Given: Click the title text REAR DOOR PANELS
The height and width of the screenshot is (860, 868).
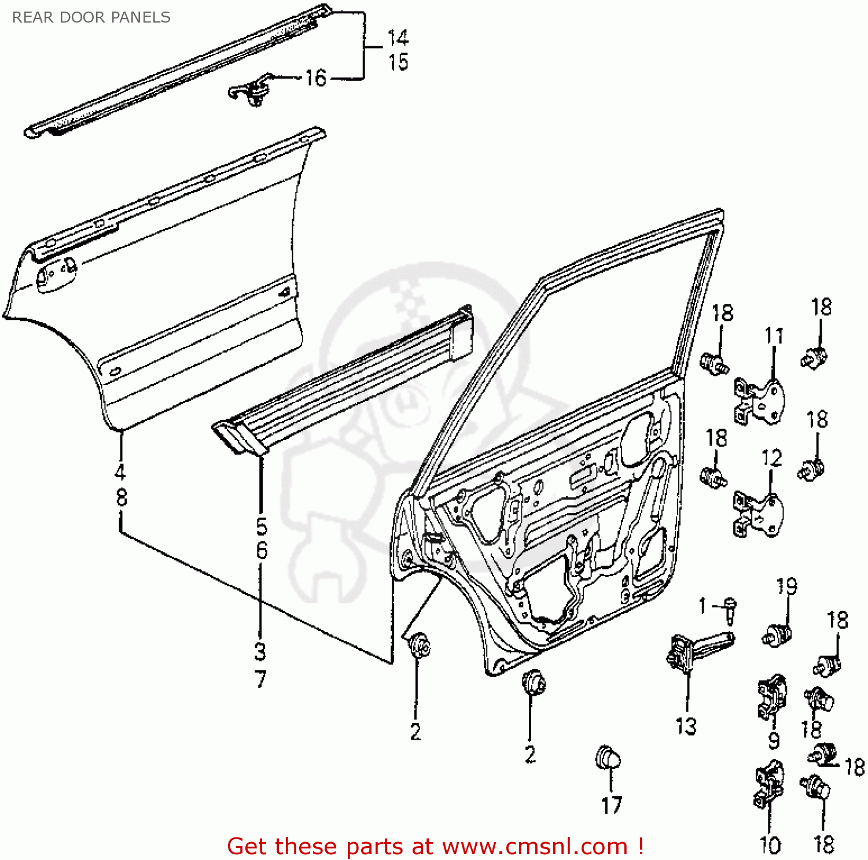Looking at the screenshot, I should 91,17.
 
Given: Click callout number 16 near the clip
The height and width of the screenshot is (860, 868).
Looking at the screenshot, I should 315,78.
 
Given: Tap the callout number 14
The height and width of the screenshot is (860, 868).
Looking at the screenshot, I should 398,38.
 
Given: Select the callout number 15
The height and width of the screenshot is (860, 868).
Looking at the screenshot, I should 398,62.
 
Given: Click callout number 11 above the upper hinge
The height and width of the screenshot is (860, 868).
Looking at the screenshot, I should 774,335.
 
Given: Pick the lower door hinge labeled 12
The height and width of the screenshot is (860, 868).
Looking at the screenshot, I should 758,514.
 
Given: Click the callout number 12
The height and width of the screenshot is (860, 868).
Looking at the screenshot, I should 771,458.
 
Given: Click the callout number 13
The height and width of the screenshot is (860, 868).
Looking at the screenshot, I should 686,726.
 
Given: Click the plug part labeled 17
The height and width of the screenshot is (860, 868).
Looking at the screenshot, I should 608,758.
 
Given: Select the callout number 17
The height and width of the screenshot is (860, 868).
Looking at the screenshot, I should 611,805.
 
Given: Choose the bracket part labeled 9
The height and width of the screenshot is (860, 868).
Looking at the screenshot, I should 771,697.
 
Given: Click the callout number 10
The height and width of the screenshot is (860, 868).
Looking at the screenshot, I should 770,845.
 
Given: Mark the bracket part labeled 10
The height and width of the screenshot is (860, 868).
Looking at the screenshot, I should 768,785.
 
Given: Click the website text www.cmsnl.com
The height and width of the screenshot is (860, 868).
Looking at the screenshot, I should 535,846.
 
